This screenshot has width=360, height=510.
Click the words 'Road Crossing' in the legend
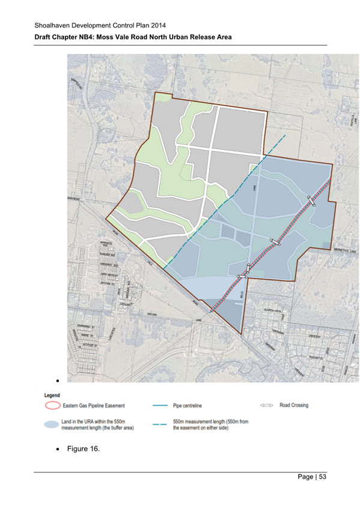[x=294, y=405]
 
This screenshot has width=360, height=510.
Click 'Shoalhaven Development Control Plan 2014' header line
[x=100, y=25]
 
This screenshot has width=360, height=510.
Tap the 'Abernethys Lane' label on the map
[x=344, y=253]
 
